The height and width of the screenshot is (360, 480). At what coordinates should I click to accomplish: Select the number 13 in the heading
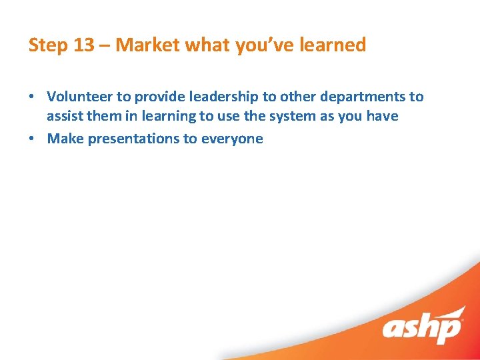(83, 45)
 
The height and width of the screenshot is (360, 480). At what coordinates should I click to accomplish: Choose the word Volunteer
(80, 97)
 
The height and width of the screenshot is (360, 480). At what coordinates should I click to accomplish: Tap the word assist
(64, 116)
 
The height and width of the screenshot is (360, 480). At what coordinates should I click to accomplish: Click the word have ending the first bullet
(383, 116)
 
